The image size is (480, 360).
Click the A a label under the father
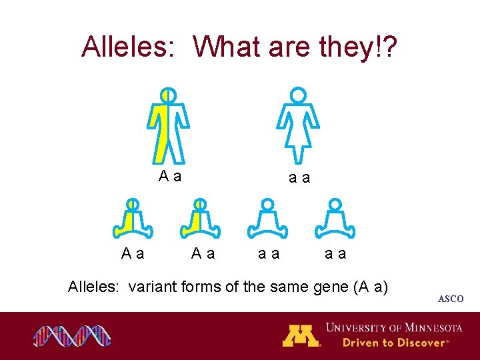point(171,177)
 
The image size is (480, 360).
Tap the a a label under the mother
point(299,178)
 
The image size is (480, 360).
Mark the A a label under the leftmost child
point(133,253)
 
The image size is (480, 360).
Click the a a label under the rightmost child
point(335,253)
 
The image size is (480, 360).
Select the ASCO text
point(451,299)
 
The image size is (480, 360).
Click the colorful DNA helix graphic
point(72,335)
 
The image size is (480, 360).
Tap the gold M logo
point(301,335)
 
